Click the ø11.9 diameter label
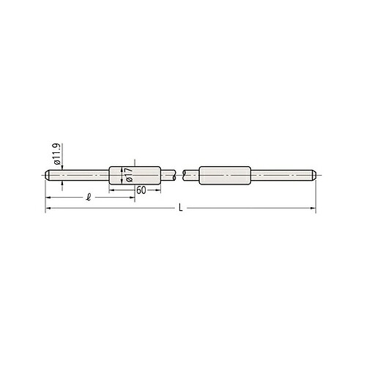coord(56,154)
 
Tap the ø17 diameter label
coord(129,175)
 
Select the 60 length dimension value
coord(141,190)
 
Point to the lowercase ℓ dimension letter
coord(89,197)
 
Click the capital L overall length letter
coord(181,208)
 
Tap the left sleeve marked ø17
coord(135,176)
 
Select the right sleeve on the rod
coord(225,176)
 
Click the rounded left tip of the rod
coord(47,176)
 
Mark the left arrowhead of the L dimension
coord(48,208)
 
